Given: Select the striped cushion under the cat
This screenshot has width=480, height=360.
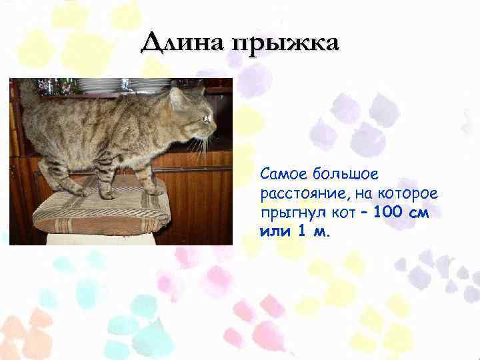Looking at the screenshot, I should [x=100, y=209].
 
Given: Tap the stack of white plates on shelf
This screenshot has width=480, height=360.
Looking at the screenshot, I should [x=143, y=85].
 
